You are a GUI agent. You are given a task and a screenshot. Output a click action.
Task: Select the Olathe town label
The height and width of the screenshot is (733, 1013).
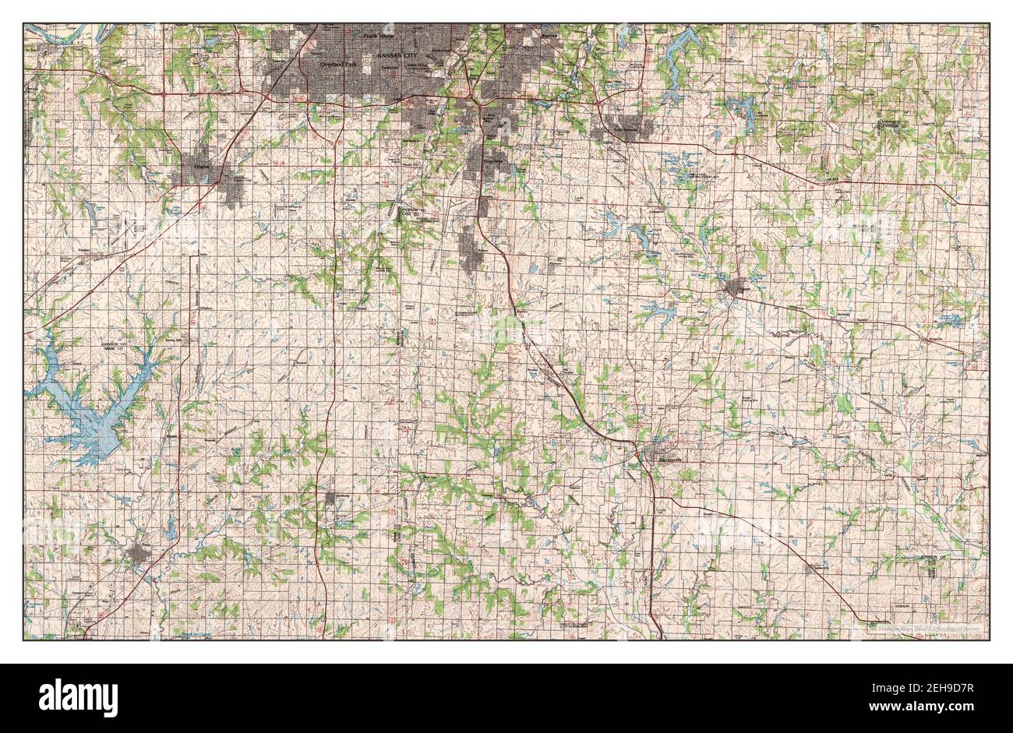192,166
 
